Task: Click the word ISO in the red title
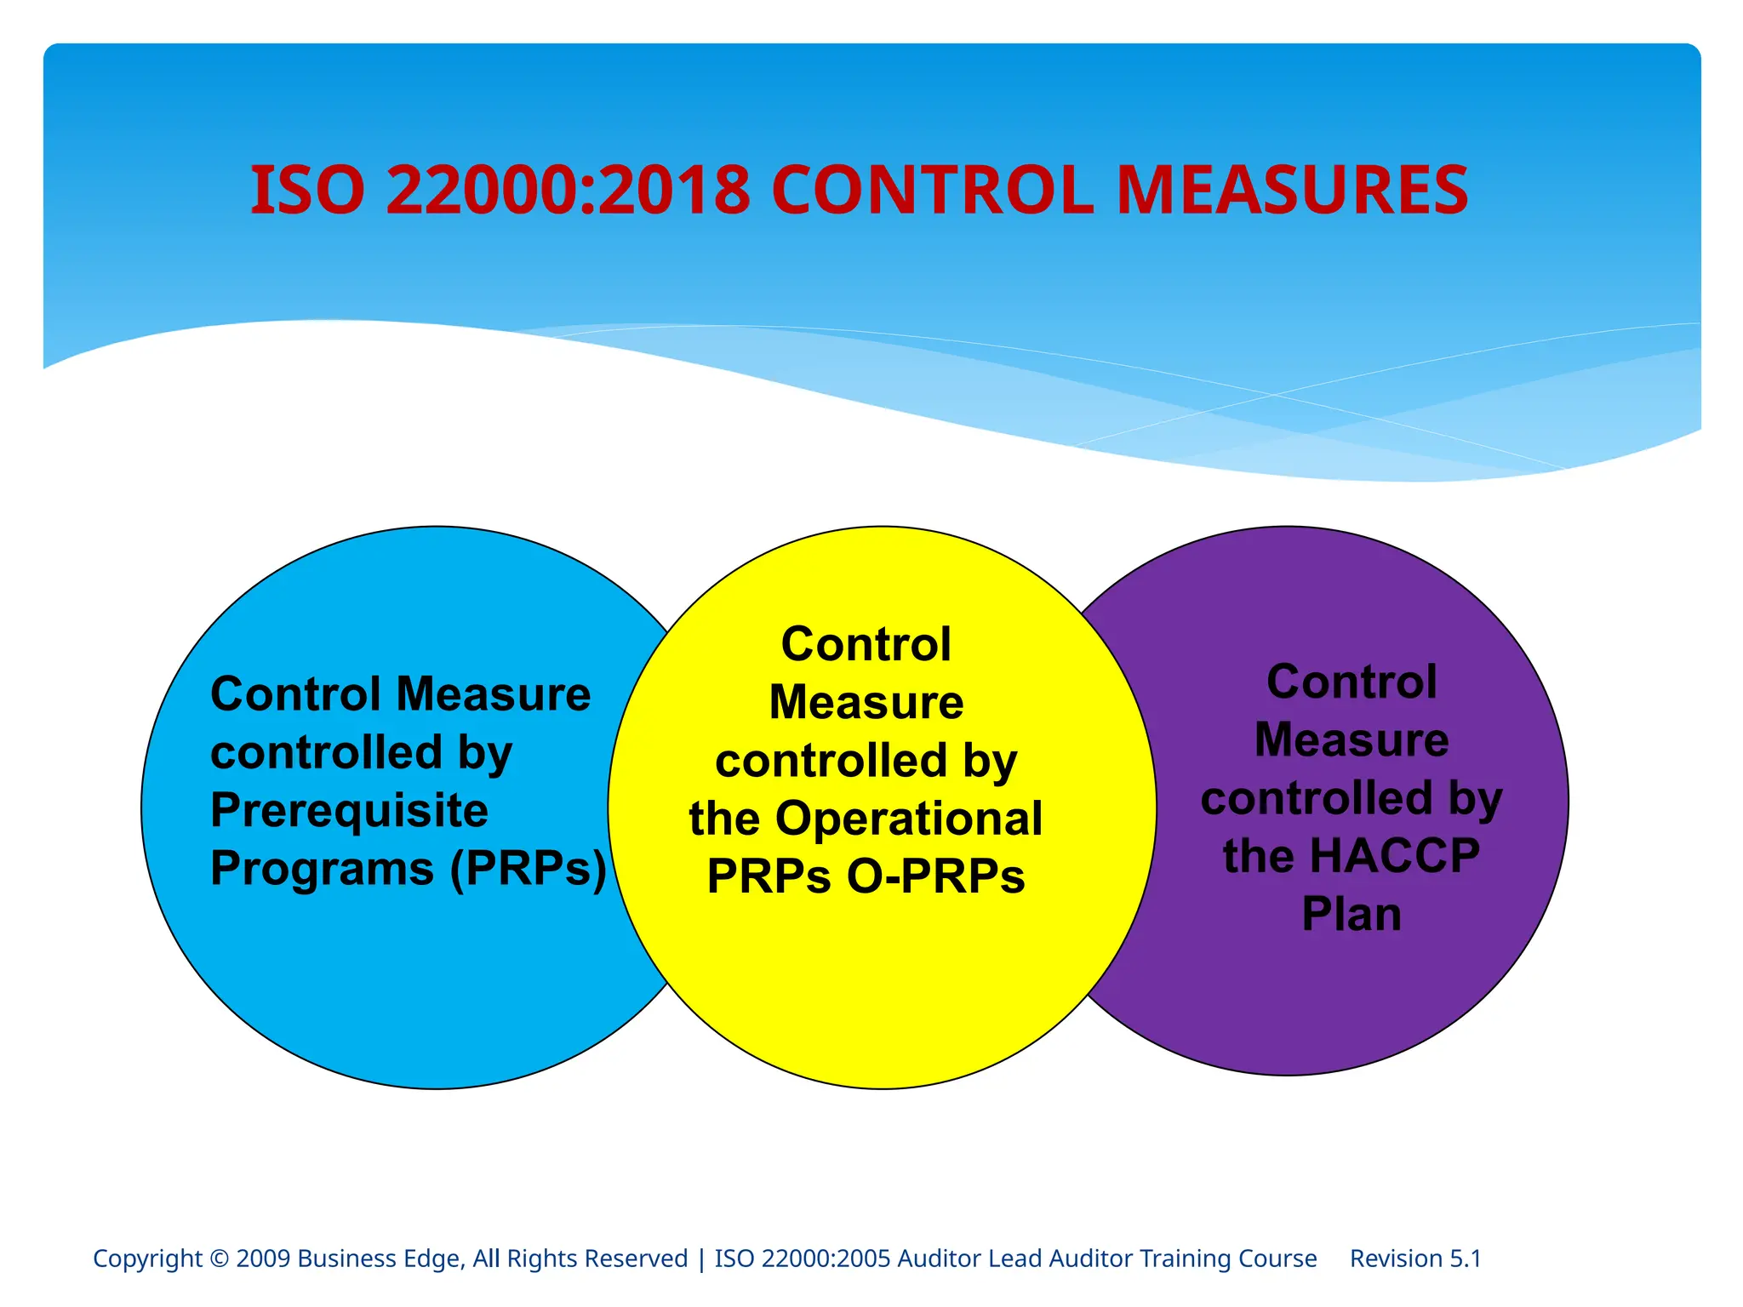(x=307, y=190)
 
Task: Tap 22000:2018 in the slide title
(x=568, y=190)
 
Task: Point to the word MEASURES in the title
(x=1291, y=190)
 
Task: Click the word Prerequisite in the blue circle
(x=349, y=810)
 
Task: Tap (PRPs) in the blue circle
(x=529, y=869)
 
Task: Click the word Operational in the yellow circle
(x=908, y=819)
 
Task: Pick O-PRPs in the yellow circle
(x=935, y=876)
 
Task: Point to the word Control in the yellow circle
(x=866, y=644)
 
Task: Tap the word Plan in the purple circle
(x=1352, y=915)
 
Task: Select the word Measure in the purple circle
(x=1352, y=739)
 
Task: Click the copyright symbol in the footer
(x=219, y=1258)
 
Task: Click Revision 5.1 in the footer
(x=1415, y=1258)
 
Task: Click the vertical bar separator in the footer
(x=701, y=1258)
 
